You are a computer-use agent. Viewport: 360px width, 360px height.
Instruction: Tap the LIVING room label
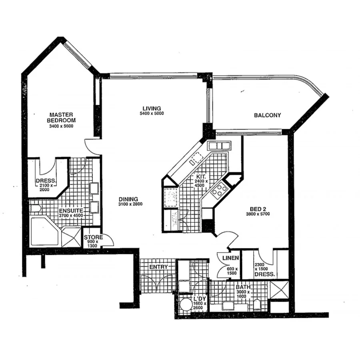151,108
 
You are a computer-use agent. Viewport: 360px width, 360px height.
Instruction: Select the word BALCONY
267,115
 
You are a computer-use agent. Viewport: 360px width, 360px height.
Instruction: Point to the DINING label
128,199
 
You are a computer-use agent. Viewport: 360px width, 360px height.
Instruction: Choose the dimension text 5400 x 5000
151,113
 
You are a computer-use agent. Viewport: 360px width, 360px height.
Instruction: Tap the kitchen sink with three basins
218,145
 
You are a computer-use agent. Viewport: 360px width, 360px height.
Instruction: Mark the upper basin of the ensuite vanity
94,188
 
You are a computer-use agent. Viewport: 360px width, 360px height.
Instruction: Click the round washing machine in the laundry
185,305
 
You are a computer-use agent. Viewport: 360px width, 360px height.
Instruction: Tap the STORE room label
93,238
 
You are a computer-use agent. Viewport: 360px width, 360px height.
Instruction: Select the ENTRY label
158,267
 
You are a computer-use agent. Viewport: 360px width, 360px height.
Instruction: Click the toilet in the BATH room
257,305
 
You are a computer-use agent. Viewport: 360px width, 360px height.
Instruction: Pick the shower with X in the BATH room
279,290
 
